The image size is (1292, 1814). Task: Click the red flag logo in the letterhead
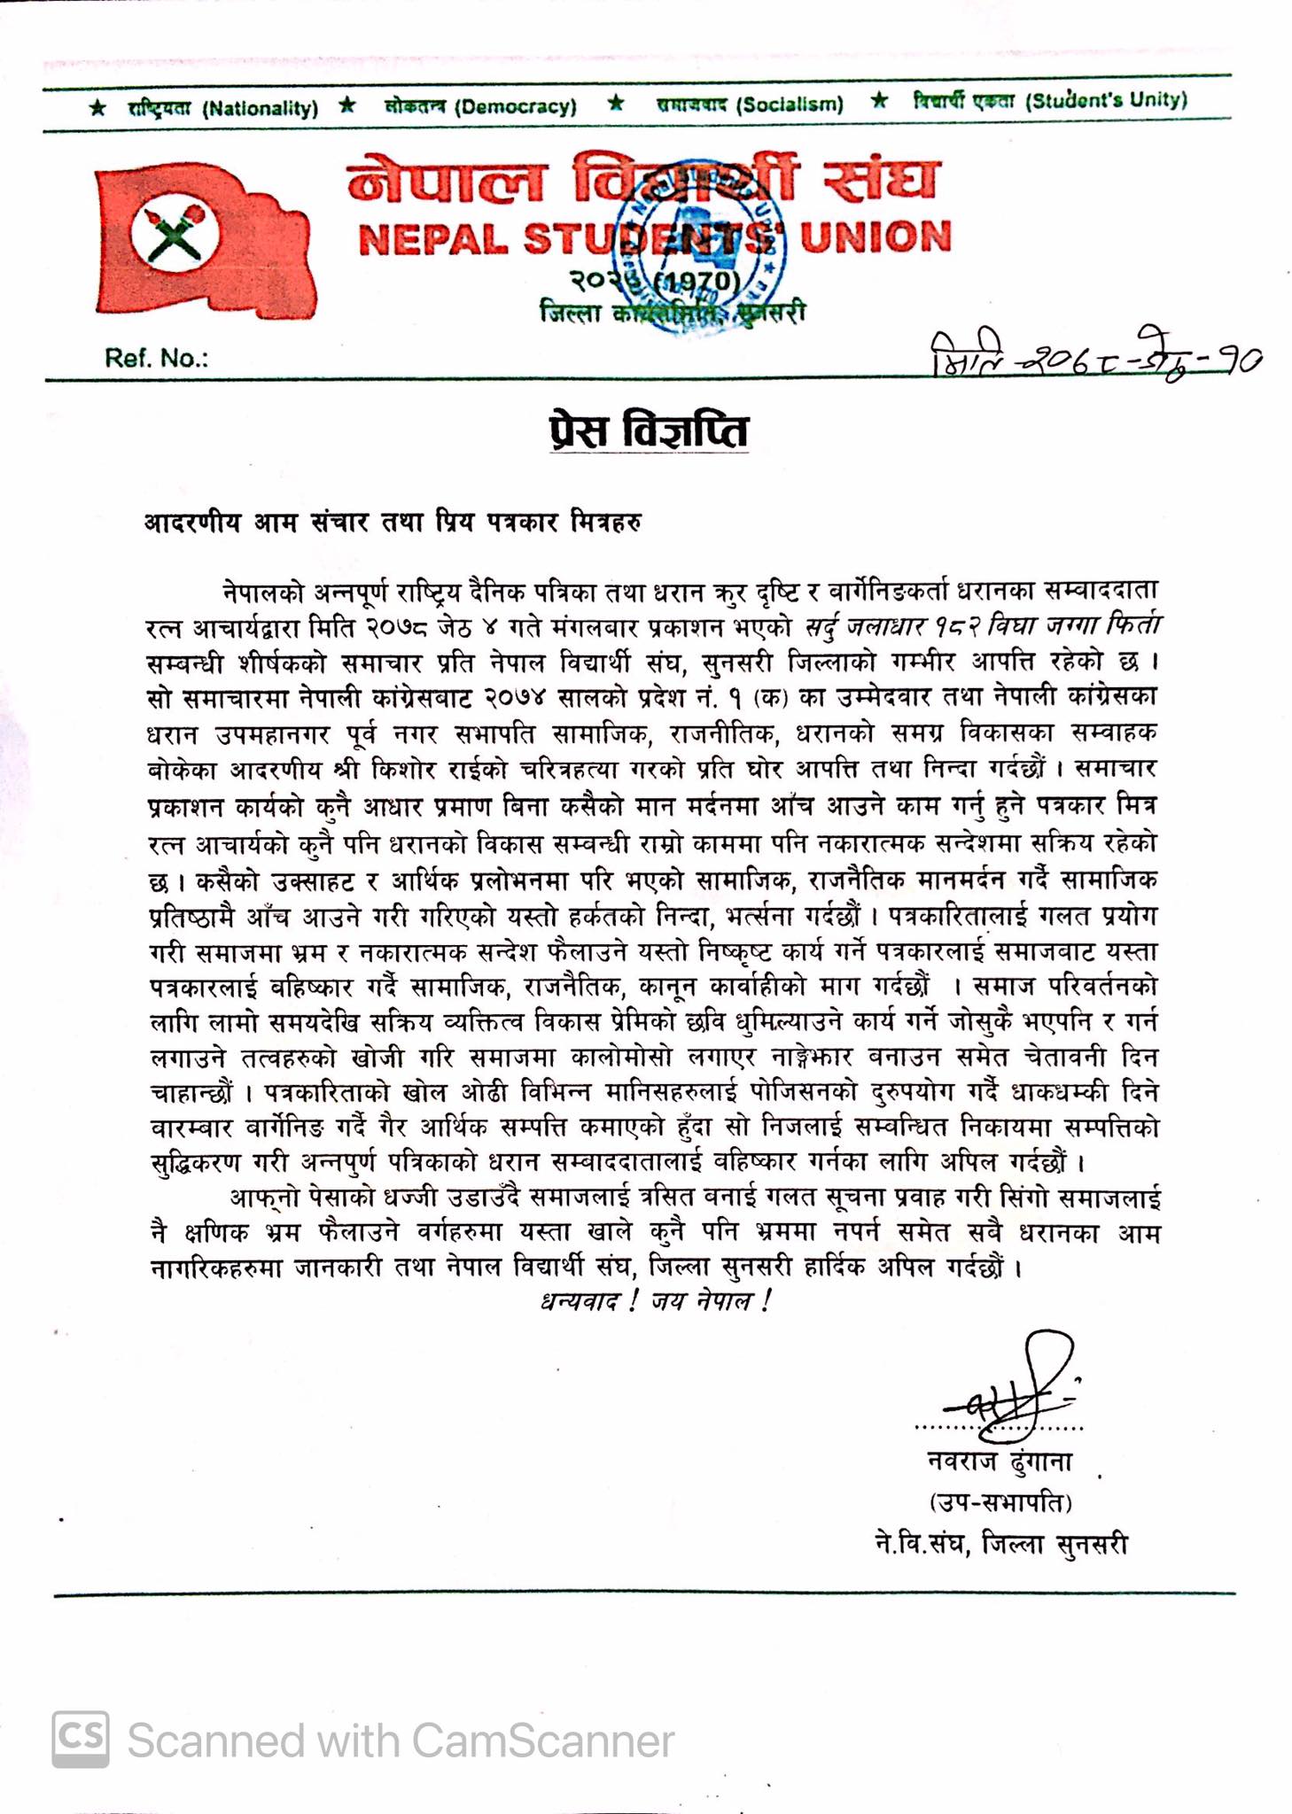click(204, 239)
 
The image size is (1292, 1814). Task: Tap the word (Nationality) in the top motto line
click(260, 108)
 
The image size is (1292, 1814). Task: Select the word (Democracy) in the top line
click(515, 107)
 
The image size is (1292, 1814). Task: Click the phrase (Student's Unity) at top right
click(1105, 100)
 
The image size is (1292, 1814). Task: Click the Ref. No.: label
click(156, 358)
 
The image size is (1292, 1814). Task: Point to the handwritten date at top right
click(1095, 356)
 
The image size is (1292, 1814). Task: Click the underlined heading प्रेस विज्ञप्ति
click(649, 431)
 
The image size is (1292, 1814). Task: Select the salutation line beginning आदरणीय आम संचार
click(393, 522)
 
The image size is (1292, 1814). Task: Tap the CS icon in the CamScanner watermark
click(81, 1740)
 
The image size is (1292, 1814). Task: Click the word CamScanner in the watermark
click(542, 1741)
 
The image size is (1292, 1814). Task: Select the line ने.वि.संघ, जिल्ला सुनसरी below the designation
click(1000, 1545)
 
